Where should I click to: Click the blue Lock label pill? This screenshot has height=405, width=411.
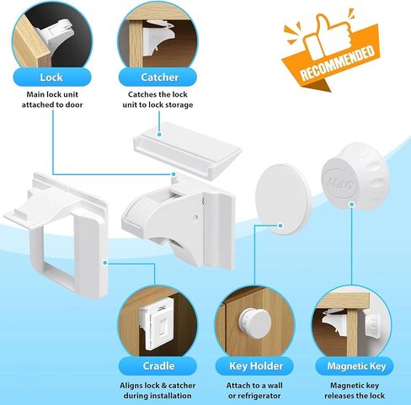point(52,77)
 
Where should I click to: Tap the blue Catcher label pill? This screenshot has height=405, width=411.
point(157,77)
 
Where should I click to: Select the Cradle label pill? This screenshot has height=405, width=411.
point(157,366)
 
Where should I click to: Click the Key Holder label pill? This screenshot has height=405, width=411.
point(254,366)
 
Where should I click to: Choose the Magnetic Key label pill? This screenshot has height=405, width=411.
point(355,366)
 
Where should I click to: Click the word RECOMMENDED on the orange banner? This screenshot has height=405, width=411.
point(337,62)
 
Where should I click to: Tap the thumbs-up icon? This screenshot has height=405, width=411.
point(328,35)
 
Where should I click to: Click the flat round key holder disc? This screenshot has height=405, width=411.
point(283,200)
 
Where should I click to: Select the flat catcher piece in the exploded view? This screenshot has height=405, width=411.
point(188,150)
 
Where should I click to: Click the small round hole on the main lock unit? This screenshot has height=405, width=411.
point(196,217)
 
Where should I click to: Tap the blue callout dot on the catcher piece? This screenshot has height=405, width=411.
point(159,135)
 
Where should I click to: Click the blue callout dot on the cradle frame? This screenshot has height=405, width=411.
point(105,263)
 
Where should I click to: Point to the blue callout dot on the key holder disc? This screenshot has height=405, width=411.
point(280,226)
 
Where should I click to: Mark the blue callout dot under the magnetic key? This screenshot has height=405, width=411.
point(351,205)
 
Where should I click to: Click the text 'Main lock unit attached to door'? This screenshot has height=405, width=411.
point(52,99)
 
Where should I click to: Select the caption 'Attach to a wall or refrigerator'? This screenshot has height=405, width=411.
point(254,391)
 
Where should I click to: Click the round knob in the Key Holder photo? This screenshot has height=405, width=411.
point(255,322)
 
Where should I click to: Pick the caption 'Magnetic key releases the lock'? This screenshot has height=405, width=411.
point(355,391)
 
